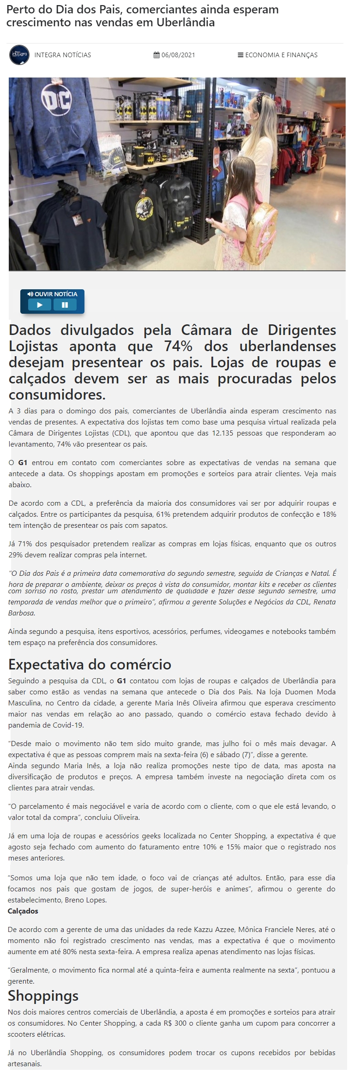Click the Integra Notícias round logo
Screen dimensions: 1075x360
(19, 55)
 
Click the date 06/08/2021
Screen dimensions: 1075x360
(178, 55)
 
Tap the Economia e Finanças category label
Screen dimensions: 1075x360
(281, 55)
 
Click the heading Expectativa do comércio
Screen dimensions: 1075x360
(90, 664)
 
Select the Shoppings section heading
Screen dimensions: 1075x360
(43, 996)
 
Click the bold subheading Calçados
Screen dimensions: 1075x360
(23, 911)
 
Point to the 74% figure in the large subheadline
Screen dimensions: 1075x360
(178, 346)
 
